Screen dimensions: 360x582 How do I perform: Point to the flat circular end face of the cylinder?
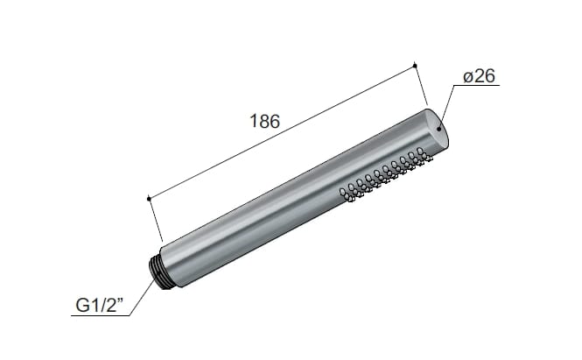[440, 131]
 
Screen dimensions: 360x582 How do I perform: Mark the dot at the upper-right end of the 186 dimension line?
[415, 64]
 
